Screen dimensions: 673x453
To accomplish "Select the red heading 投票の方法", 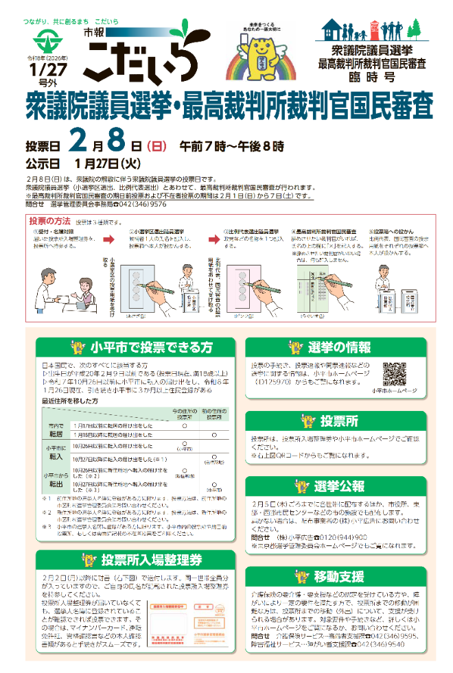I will (x=49, y=222).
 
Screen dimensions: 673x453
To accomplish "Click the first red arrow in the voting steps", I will (x=108, y=241).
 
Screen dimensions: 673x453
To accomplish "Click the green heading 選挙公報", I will (x=340, y=486).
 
